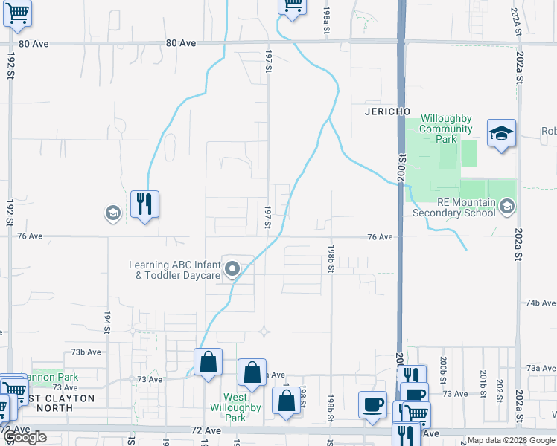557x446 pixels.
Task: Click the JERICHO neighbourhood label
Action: coord(388,111)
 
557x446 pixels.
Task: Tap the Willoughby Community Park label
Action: coord(446,129)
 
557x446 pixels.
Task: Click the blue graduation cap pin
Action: coord(501,134)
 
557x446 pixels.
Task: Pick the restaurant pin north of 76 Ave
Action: coord(145,204)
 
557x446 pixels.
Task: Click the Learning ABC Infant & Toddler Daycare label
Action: coord(174,270)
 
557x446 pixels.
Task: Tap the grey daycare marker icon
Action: coord(232,269)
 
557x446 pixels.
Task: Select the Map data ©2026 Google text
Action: coord(509,440)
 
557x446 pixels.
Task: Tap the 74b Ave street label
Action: coord(541,303)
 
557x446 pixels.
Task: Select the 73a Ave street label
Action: coord(541,367)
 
